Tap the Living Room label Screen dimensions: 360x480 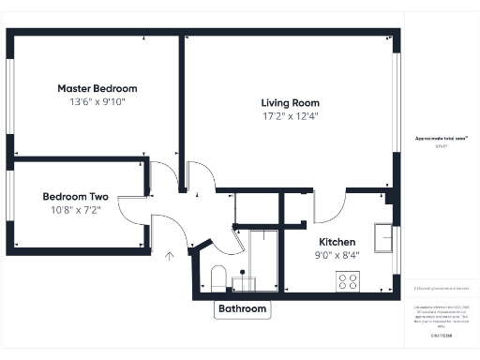click(290, 103)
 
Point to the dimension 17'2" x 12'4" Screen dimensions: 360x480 click(290, 118)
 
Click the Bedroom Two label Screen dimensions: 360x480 click(75, 197)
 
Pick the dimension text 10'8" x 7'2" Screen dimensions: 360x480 click(75, 212)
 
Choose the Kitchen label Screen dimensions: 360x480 click(336, 241)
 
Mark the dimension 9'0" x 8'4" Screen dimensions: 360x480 click(336, 255)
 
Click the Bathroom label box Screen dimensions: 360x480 click(243, 309)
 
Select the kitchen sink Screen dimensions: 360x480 click(384, 238)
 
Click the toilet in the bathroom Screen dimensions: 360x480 click(217, 277)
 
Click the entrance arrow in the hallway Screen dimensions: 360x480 click(170, 254)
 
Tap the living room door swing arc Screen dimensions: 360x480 click(202, 175)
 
